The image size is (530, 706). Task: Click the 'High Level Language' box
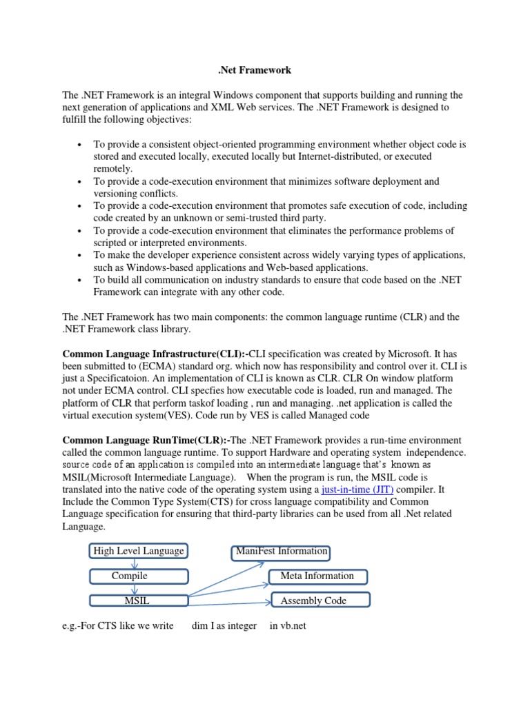[138, 551]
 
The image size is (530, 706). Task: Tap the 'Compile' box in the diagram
[129, 576]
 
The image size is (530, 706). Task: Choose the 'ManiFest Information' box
[281, 552]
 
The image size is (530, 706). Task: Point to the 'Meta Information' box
[317, 576]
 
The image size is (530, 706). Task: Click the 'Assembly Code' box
[313, 601]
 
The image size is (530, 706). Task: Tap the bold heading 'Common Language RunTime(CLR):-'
[146, 441]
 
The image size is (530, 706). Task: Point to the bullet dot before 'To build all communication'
[81, 281]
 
